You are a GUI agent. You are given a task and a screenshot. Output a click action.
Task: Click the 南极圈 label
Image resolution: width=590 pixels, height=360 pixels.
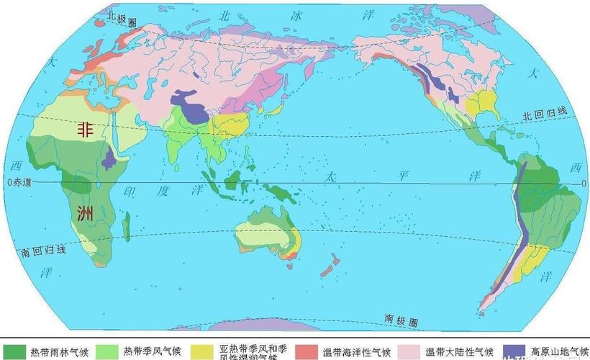click(x=399, y=317)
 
